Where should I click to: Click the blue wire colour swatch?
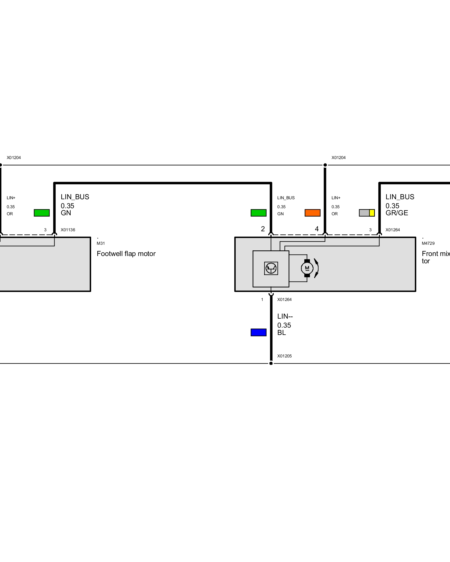[258, 332]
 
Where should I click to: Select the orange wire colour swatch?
[312, 213]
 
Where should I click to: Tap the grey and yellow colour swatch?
[367, 213]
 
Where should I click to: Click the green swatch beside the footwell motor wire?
[42, 213]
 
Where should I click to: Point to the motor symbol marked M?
[307, 268]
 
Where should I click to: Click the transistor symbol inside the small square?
[271, 268]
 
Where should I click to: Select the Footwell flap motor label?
[126, 254]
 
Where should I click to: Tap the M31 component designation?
[101, 243]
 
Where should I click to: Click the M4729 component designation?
[428, 243]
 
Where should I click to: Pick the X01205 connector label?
[284, 356]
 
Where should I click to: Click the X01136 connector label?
[68, 230]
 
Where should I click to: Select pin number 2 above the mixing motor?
[263, 229]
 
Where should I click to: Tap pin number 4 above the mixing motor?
[317, 229]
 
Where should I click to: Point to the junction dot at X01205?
[271, 363]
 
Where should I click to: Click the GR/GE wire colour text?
[397, 213]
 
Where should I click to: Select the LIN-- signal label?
[285, 316]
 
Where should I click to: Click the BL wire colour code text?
[282, 333]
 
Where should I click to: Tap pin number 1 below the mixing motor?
[262, 300]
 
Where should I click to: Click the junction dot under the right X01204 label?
[325, 165]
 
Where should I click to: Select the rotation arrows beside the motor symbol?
[317, 268]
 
